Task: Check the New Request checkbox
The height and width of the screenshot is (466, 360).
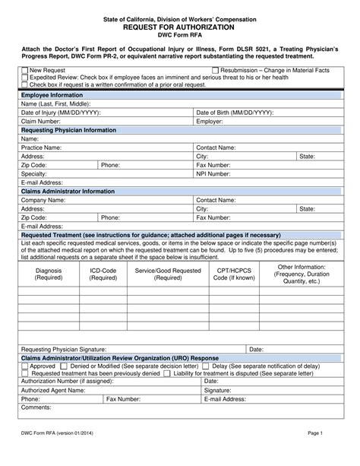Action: click(x=24, y=70)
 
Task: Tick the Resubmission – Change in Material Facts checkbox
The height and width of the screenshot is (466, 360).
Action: click(x=216, y=70)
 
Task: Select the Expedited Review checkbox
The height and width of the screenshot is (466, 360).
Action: click(x=24, y=77)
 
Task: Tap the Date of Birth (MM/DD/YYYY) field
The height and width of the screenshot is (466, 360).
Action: click(x=289, y=112)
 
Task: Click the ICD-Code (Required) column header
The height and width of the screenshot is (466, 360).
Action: click(x=103, y=274)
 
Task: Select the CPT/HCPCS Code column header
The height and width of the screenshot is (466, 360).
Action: click(x=234, y=274)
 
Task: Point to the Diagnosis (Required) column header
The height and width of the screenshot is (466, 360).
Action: click(x=49, y=274)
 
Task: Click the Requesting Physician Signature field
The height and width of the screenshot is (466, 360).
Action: click(x=175, y=348)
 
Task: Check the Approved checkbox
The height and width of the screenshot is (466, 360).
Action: click(x=24, y=366)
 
